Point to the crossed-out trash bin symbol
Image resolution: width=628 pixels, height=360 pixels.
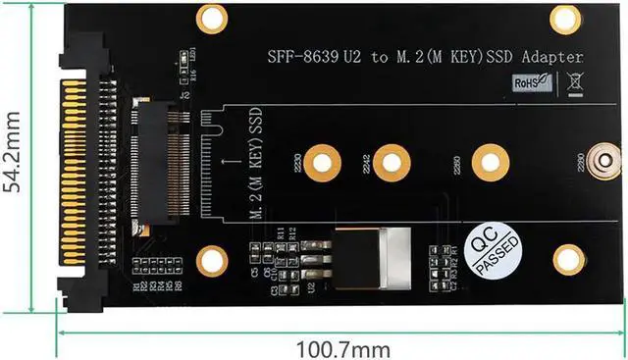click(x=575, y=83)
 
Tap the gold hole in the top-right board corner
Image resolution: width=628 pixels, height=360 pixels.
click(x=566, y=17)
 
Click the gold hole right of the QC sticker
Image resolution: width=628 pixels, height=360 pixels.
click(x=568, y=259)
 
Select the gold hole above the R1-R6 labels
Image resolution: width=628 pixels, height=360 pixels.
click(x=211, y=260)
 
